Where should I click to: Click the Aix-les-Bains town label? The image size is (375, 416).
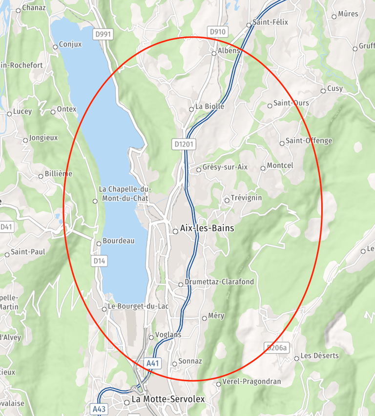tap(207, 228)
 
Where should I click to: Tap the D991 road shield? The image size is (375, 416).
tap(103, 34)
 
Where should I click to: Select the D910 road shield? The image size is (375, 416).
tap(217, 32)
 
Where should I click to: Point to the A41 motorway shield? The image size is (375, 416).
tap(153, 363)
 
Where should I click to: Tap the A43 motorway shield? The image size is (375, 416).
tap(98, 408)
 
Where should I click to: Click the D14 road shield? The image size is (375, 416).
tap(99, 261)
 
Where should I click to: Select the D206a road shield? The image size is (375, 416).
tap(276, 348)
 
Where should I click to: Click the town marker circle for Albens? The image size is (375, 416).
tap(214, 53)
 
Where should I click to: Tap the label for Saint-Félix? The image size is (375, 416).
tap(271, 22)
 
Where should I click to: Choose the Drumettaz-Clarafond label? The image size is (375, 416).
tap(219, 282)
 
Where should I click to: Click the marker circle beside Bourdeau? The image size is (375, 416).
tap(98, 243)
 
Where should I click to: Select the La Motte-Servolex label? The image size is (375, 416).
tap(168, 399)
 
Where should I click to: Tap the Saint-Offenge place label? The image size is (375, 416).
tap(309, 141)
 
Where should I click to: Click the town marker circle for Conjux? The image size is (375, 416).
tap(55, 47)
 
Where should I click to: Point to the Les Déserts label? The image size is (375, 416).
tap(319, 355)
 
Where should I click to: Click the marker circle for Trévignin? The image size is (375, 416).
tap(227, 200)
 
